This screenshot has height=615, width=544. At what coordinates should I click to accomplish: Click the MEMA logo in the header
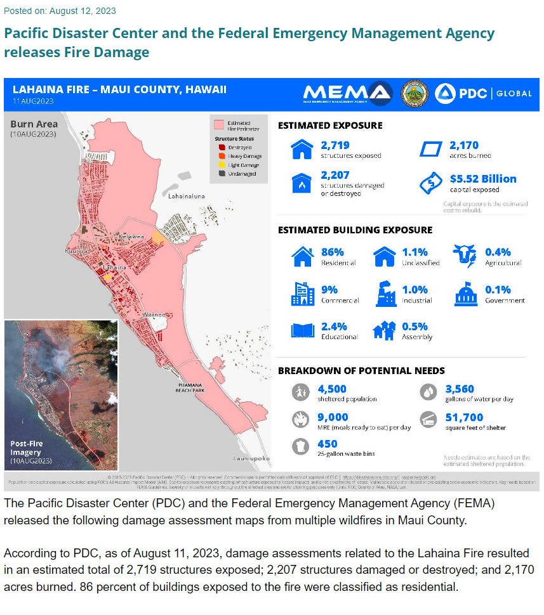click(347, 93)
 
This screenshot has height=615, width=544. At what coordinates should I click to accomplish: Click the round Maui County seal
click(415, 93)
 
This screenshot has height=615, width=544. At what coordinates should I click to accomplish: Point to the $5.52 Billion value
click(482, 179)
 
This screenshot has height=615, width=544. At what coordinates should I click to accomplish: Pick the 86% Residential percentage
click(333, 252)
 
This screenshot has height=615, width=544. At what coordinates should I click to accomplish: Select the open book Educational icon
click(303, 330)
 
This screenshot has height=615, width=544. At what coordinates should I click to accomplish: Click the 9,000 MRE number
click(333, 417)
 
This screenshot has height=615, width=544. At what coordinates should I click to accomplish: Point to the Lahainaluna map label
click(187, 197)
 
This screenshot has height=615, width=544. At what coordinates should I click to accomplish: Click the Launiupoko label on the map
click(251, 457)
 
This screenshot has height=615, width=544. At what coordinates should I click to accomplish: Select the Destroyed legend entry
click(237, 146)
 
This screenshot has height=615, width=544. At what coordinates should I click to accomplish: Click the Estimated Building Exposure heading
click(355, 230)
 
